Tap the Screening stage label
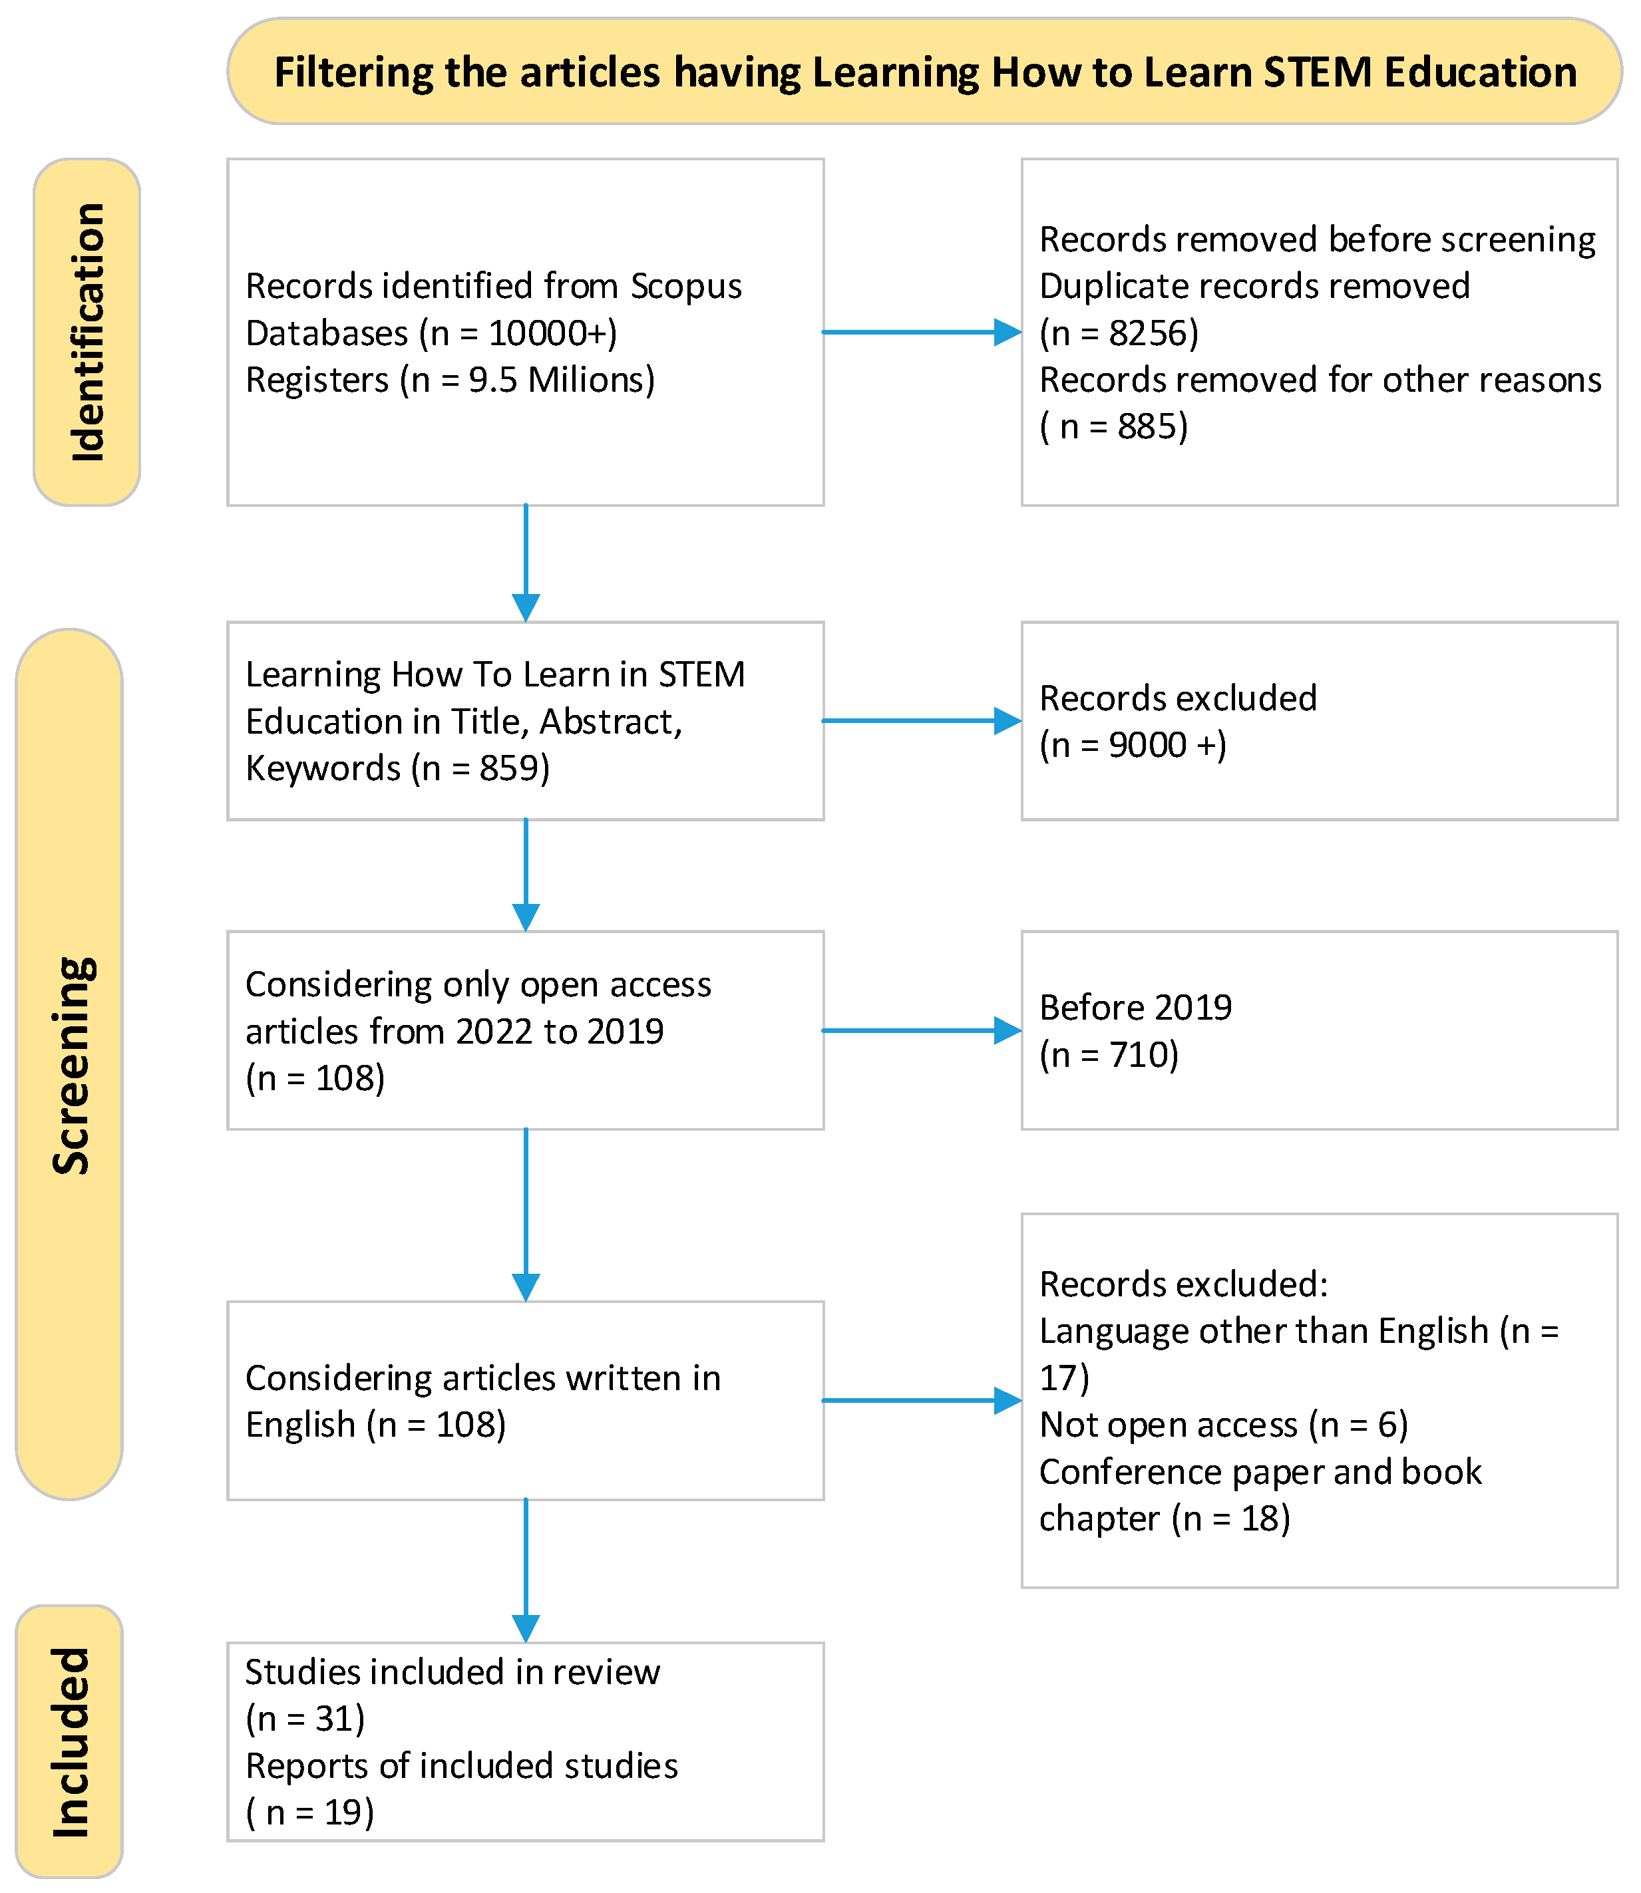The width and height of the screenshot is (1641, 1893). [x=71, y=1066]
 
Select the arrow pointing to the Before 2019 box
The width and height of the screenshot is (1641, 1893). [x=920, y=1031]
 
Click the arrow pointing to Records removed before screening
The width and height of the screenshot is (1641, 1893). [x=920, y=333]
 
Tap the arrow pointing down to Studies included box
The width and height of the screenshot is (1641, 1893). [x=526, y=1569]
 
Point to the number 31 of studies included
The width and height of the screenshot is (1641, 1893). [x=333, y=1718]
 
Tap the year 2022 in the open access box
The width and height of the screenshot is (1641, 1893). [x=494, y=1032]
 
